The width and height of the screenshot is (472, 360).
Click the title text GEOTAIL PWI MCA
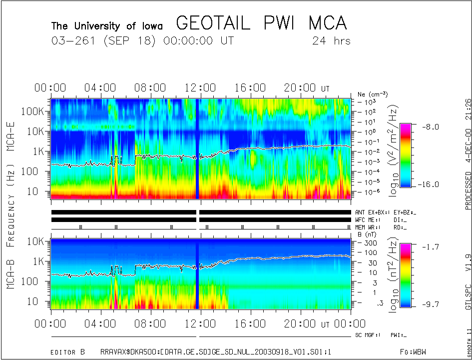(x=262, y=23)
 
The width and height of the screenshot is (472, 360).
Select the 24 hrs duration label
(x=331, y=40)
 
